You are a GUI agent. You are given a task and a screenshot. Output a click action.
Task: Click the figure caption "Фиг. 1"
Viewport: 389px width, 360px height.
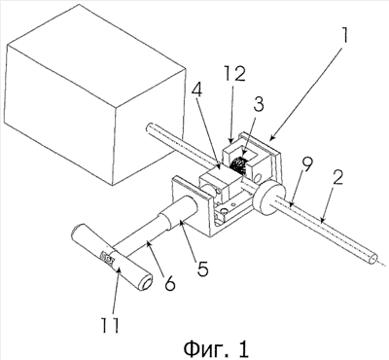click(216, 348)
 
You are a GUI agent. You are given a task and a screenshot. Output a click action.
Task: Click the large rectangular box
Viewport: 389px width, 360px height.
click(96, 94)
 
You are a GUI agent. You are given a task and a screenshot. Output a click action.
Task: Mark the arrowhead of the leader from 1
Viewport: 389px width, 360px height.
click(271, 138)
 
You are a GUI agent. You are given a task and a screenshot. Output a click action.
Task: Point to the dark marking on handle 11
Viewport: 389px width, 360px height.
click(107, 259)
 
